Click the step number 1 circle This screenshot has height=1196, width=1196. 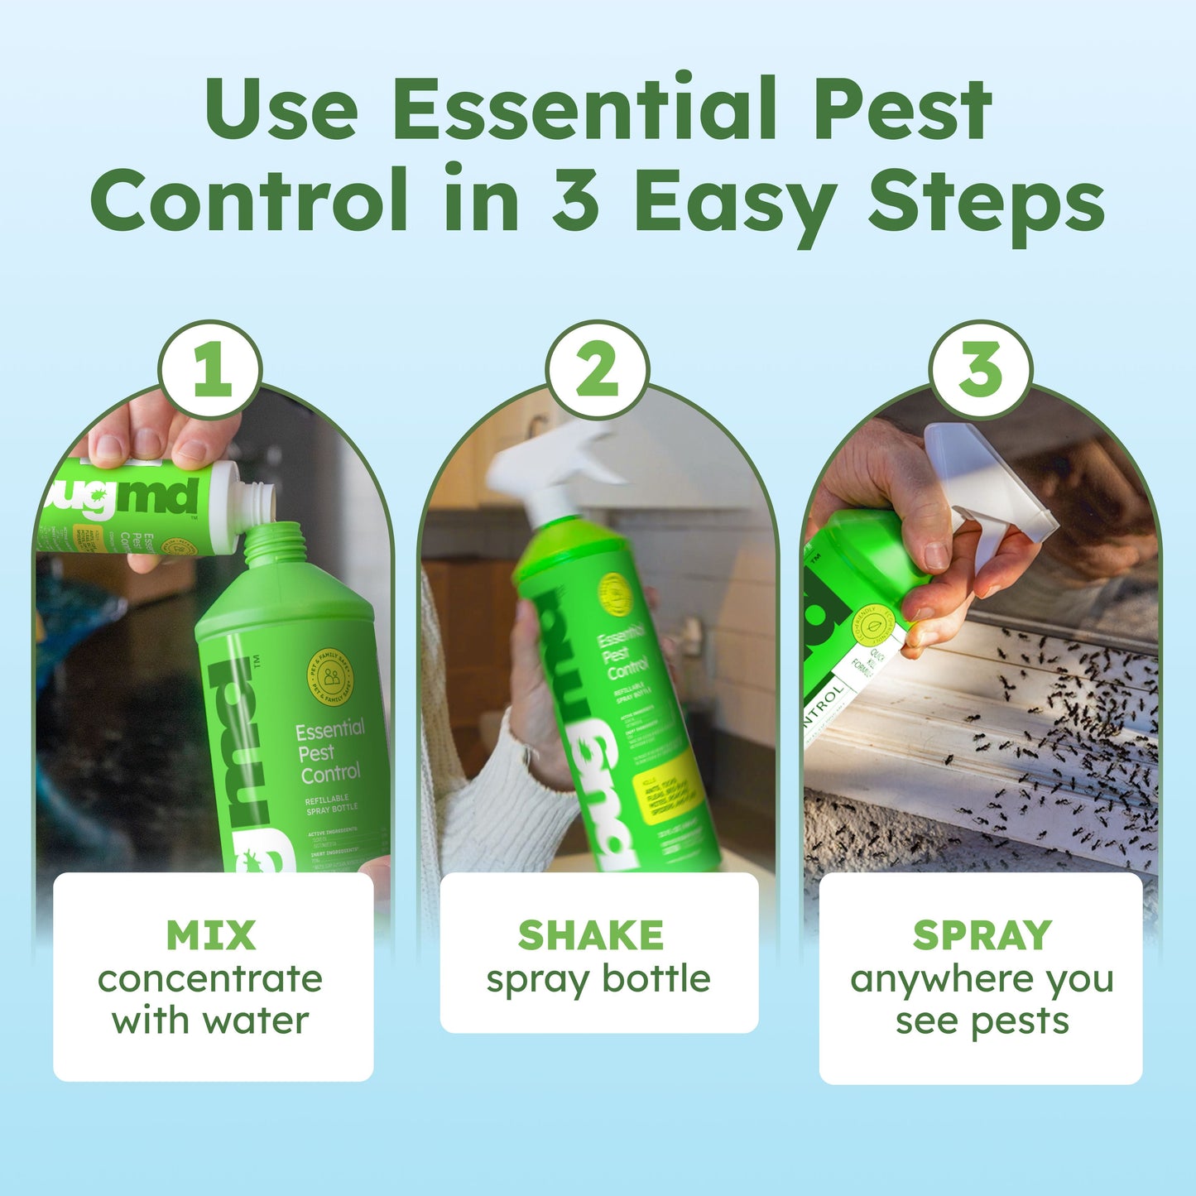(210, 370)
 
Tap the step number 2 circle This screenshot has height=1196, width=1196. (597, 370)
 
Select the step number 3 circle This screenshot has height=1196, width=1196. (980, 370)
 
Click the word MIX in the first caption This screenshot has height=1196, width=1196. (211, 935)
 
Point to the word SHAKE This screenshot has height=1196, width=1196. (591, 935)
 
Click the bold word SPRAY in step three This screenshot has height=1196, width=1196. (982, 935)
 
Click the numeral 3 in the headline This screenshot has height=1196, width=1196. (575, 201)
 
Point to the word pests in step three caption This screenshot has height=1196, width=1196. (1020, 1021)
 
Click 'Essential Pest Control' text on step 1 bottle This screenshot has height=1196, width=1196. (329, 752)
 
